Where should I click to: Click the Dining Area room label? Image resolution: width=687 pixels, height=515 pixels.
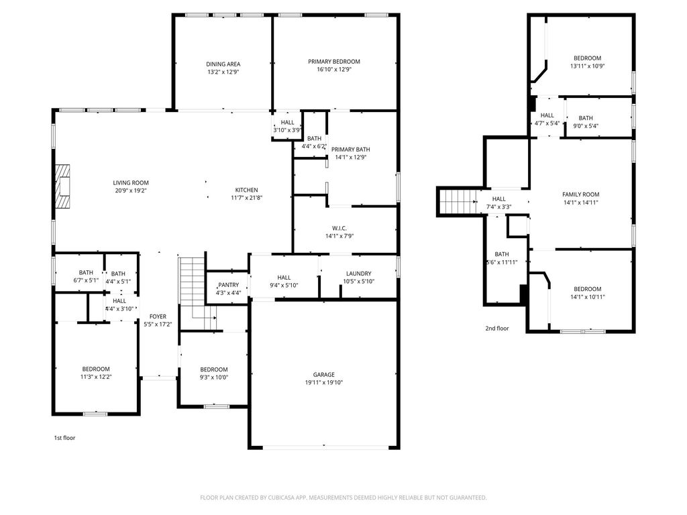point(223,64)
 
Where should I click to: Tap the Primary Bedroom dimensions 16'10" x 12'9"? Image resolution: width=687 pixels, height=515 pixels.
point(334,69)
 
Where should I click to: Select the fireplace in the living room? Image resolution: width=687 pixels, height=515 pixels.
point(62,186)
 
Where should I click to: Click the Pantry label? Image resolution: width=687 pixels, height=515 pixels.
point(228,284)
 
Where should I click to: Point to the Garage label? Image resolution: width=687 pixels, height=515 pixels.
point(324,374)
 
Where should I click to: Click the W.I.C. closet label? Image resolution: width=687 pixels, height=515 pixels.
point(339,228)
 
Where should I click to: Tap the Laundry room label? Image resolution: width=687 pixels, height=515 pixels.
point(358,274)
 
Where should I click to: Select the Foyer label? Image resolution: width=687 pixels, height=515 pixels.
point(158,317)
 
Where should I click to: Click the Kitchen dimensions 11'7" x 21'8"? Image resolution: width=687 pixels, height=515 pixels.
point(246,198)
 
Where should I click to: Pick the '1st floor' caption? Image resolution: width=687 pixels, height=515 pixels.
point(64,437)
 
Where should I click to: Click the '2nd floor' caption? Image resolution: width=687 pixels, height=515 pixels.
point(497,328)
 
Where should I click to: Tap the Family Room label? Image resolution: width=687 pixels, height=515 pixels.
point(580,194)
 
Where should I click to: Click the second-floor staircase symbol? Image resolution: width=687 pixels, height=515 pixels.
point(458,201)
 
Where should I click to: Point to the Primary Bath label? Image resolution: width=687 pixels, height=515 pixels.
point(350,150)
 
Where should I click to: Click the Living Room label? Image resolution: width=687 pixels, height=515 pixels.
point(131,182)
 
